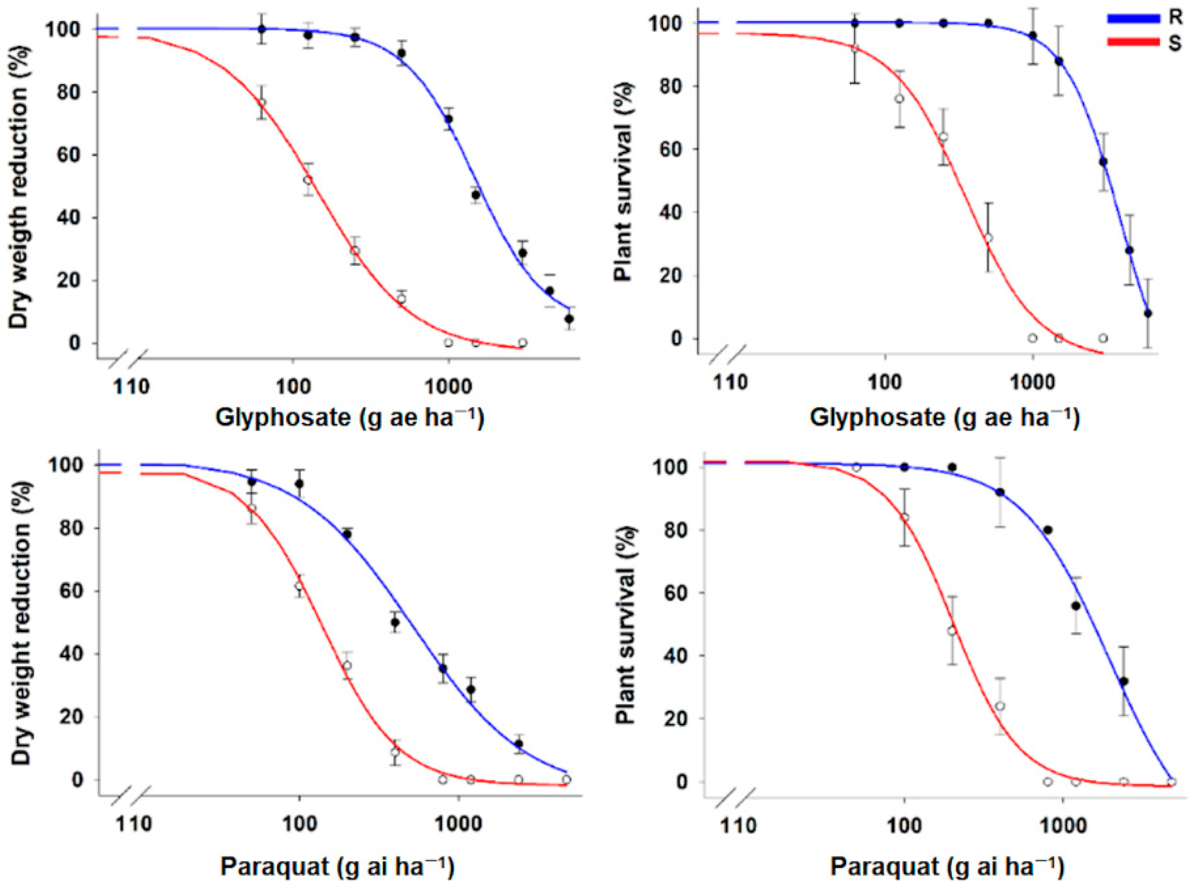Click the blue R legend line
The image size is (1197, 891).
(1133, 19)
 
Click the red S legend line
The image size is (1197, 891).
(1133, 42)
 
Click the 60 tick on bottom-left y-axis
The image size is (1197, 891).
(73, 591)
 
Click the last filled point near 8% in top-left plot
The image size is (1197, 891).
(569, 319)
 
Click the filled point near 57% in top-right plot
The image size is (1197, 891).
(1103, 162)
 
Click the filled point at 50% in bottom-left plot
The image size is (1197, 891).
(395, 622)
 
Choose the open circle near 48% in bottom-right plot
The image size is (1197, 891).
(952, 630)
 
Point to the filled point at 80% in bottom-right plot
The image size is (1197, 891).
(1047, 530)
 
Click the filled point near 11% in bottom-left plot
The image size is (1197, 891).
(519, 744)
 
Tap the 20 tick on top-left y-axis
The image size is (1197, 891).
(73, 280)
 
